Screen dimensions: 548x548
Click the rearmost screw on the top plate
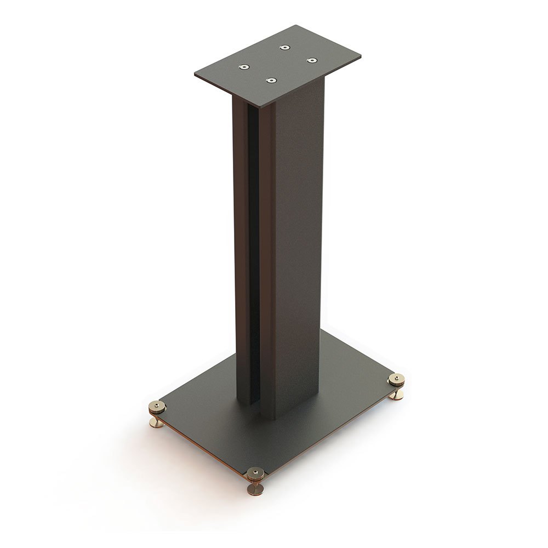pyautogui.click(x=284, y=48)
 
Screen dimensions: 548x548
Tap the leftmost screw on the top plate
pyautogui.click(x=243, y=67)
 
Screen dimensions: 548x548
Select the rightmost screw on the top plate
pyautogui.click(x=312, y=60)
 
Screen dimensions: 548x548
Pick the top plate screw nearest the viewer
pyautogui.click(x=271, y=81)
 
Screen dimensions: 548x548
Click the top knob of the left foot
pyautogui.click(x=157, y=407)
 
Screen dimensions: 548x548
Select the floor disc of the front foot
pyautogui.click(x=255, y=491)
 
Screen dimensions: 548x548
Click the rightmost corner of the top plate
pyautogui.click(x=360, y=56)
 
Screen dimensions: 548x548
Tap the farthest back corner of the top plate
pyautogui.click(x=296, y=25)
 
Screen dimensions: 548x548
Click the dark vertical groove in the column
pyautogui.click(x=254, y=247)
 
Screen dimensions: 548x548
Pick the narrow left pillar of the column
pyautogui.click(x=241, y=247)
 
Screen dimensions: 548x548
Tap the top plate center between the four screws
pyautogui.click(x=278, y=64)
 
